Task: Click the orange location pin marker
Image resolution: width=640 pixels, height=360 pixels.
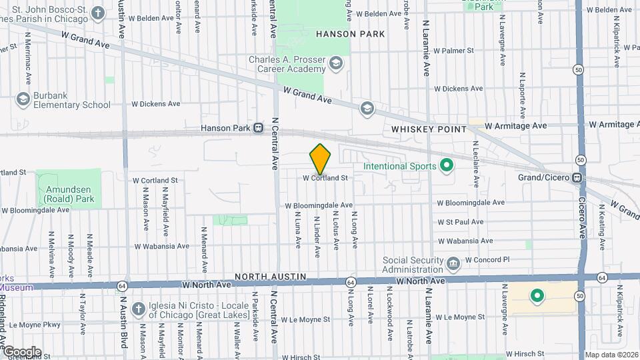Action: (321, 159)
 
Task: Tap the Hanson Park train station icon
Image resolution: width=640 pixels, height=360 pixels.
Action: (257, 128)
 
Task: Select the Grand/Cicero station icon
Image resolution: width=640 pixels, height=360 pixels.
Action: (578, 178)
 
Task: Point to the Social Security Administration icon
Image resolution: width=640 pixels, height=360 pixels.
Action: (453, 265)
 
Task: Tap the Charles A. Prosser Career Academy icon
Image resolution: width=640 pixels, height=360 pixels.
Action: (335, 64)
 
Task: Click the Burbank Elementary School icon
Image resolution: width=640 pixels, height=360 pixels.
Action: (23, 99)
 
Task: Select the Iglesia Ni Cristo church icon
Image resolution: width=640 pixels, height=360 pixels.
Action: (138, 309)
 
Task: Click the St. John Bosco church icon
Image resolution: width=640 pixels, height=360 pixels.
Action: (98, 13)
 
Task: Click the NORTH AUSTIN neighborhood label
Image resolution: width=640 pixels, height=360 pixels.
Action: (270, 277)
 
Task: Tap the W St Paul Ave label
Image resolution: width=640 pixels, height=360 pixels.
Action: (460, 222)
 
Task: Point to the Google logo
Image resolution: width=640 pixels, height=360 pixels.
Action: (22, 352)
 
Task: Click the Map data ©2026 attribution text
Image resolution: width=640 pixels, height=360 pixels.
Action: (611, 355)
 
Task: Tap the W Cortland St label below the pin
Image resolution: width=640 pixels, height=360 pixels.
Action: (325, 178)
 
